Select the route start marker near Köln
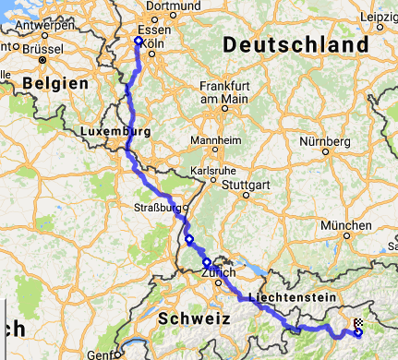tap(138, 41)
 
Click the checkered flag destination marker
tap(358, 324)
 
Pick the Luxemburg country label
tap(115, 132)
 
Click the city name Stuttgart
tap(248, 184)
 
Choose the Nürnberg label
tap(324, 142)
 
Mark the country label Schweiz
tap(193, 318)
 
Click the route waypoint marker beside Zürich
tap(207, 262)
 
